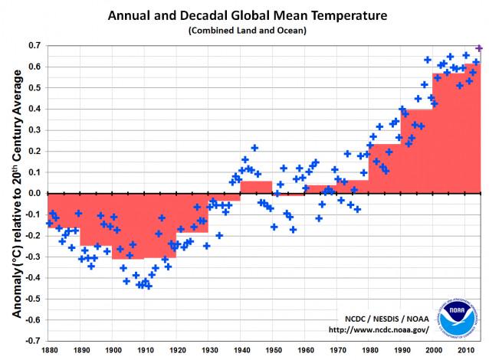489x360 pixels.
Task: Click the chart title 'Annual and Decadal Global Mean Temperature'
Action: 247,15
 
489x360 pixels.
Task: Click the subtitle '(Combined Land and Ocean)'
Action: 247,30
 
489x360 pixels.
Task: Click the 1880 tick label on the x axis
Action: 49,350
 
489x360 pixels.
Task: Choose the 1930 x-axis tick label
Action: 209,350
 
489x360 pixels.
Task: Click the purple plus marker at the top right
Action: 479,48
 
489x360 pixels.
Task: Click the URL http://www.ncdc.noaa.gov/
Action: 378,330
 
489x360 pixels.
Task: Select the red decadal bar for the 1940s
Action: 256,188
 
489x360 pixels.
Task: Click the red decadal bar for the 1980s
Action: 384,169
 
